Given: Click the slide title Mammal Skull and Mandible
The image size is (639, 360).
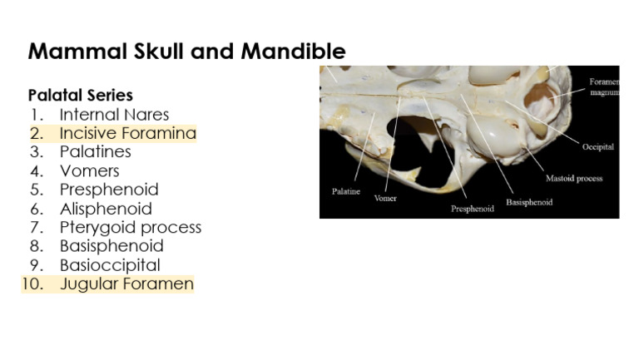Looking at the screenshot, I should point(186,52).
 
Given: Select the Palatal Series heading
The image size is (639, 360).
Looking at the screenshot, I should point(81,96).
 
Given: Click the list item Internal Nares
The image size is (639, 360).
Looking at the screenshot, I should point(114,115).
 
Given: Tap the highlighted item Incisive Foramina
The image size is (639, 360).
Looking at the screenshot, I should point(127,133).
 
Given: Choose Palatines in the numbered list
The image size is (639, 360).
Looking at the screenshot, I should point(95,152).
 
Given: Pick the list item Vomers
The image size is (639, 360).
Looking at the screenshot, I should point(89,171).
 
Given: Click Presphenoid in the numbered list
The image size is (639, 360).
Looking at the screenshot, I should point(108,190).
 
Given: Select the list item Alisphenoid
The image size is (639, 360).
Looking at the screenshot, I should point(106,209).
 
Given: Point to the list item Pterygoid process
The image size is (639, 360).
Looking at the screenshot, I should point(130,227).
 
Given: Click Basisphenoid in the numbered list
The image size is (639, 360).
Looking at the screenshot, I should point(111,246).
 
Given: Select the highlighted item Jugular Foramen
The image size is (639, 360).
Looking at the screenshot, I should point(126,284).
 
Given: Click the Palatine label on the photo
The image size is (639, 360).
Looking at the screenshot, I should point(346,191).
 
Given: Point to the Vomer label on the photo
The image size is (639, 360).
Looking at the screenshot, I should point(385,199).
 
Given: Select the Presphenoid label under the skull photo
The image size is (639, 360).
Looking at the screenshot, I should point(473,209).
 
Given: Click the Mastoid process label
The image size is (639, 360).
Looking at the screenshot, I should point(574,178).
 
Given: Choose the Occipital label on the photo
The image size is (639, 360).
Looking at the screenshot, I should point(597,147).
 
